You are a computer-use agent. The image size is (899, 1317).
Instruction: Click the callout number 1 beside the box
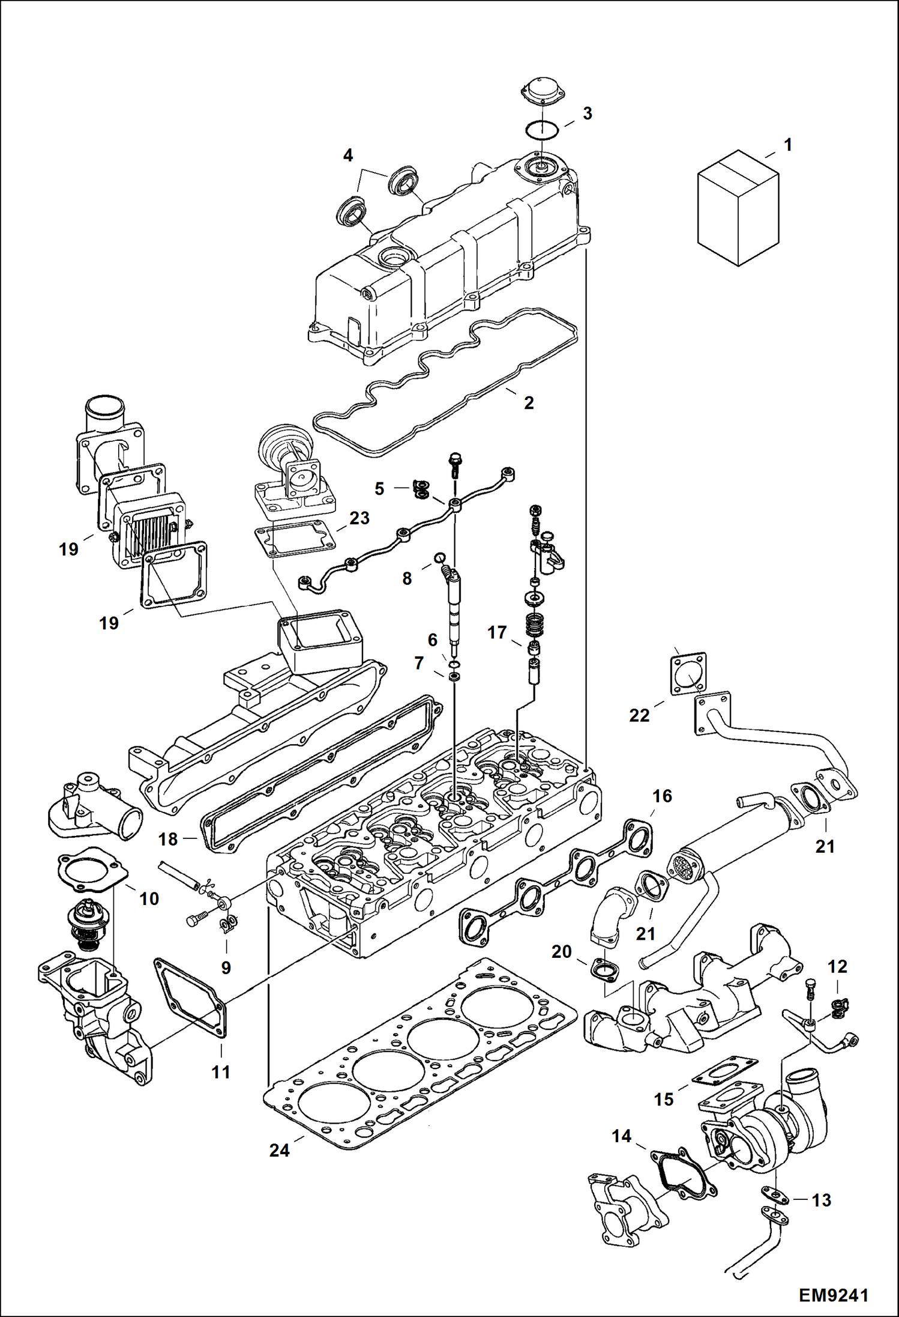tap(788, 145)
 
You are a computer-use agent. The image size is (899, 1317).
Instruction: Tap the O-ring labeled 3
tap(542, 129)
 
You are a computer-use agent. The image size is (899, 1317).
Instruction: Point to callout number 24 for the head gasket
tap(280, 1151)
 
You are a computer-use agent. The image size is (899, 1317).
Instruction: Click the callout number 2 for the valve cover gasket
tap(529, 402)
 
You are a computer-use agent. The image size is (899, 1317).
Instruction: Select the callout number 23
tap(359, 518)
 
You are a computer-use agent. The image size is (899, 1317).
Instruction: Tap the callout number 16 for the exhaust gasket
tap(662, 796)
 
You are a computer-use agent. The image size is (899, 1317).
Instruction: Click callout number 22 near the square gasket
tap(639, 715)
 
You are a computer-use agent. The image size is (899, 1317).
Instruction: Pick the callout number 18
tap(168, 839)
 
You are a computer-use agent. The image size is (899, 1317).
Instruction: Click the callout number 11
tap(220, 1072)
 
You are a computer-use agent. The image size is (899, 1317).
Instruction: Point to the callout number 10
tap(149, 898)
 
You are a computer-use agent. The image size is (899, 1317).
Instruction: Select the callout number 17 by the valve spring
tap(497, 632)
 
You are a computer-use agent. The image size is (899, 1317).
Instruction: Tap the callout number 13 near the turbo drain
tap(821, 1200)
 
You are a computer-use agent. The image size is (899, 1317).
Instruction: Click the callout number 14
tap(621, 1136)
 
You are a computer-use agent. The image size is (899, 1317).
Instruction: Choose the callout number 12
tap(837, 967)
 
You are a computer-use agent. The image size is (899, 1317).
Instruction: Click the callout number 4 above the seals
tap(348, 156)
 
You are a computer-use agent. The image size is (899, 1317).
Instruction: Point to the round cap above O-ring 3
tap(541, 87)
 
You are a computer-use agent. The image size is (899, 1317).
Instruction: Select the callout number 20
tap(562, 952)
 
